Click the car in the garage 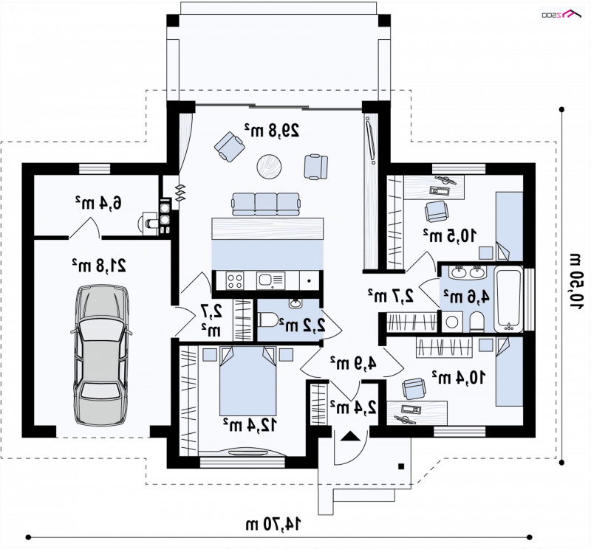coord(101,356)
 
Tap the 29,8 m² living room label coord(272,131)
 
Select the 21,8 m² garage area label coord(99,266)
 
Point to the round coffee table coord(269,166)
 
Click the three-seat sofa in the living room coord(267,204)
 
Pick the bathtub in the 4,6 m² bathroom coord(508,300)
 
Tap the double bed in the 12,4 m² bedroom coord(248,381)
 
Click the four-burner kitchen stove coord(234,280)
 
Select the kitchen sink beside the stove coord(270,280)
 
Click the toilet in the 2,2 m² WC coord(268,320)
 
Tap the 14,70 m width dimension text coord(273,524)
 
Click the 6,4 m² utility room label coord(98,203)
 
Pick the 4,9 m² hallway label coord(353,363)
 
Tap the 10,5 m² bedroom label coord(450,235)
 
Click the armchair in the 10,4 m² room coord(414,389)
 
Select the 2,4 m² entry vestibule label coord(353,407)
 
